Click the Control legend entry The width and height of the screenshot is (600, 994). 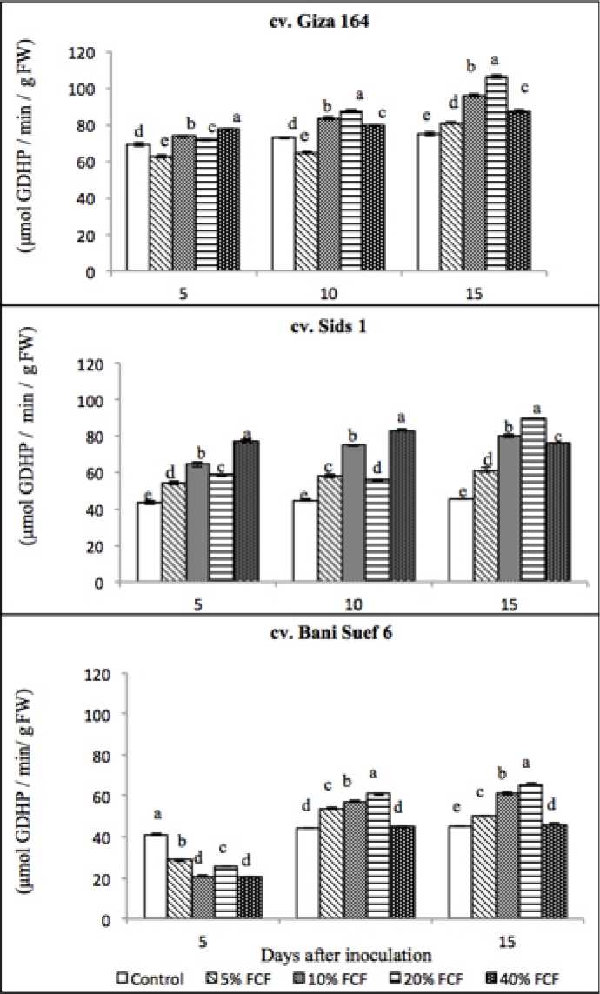click(152, 979)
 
